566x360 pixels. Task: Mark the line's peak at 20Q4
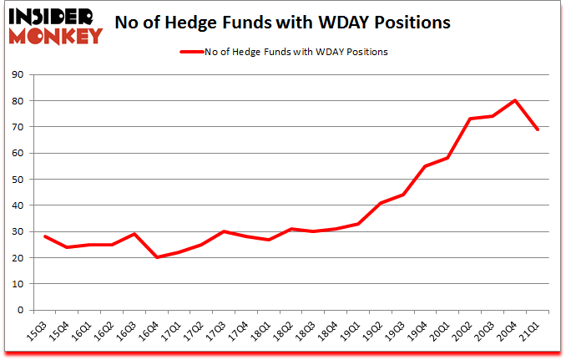pos(515,100)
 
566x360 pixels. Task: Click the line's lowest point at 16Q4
pos(158,257)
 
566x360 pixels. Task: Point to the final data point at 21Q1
pos(538,129)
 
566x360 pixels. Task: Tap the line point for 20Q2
pos(470,119)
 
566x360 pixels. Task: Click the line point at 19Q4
pos(424,166)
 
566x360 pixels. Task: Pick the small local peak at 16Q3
pos(134,234)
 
